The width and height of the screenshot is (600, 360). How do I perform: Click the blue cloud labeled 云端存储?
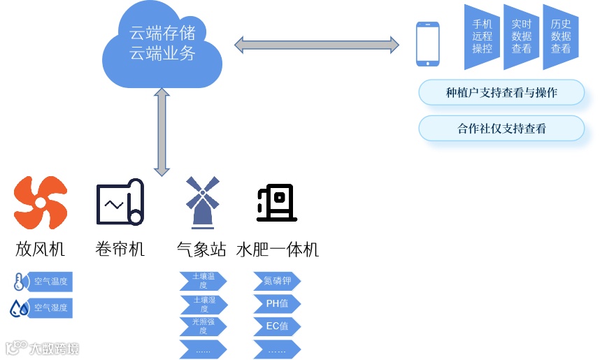point(162,43)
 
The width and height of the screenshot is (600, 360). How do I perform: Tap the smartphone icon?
point(428,44)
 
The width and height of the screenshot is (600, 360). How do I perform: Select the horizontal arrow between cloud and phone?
point(317,45)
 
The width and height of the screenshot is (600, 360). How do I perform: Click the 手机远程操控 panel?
point(483,36)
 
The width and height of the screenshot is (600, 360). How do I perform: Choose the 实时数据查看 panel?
point(522,36)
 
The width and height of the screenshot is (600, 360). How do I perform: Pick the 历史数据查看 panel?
point(561,36)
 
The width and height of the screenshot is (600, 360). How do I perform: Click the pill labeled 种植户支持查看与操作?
point(501,92)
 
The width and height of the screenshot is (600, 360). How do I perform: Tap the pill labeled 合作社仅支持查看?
point(501,128)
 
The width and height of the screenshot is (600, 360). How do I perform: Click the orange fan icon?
point(41,203)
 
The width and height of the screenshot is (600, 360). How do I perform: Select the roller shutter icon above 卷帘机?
point(120,203)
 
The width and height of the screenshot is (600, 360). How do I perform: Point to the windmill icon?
point(202,203)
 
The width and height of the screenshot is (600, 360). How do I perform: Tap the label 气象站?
point(202,249)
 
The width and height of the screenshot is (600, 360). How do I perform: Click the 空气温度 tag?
point(50,282)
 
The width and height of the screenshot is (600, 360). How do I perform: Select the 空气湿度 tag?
point(50,308)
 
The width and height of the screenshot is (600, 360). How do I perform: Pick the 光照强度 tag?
point(203,326)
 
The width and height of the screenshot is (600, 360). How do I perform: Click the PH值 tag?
point(277,304)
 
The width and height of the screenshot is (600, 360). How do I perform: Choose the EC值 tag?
point(277,326)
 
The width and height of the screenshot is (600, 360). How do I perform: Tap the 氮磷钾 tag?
point(277,282)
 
